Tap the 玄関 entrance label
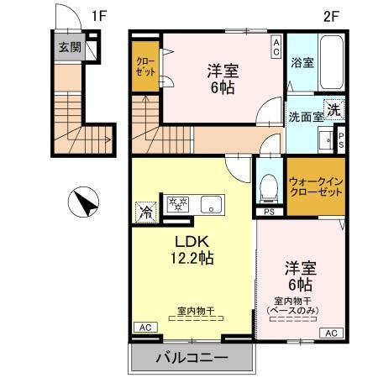[70, 47]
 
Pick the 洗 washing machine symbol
[334, 109]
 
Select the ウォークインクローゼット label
[315, 186]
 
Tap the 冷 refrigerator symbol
[147, 212]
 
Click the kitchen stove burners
[178, 203]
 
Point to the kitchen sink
[210, 203]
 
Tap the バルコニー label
[191, 359]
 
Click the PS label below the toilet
[270, 212]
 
